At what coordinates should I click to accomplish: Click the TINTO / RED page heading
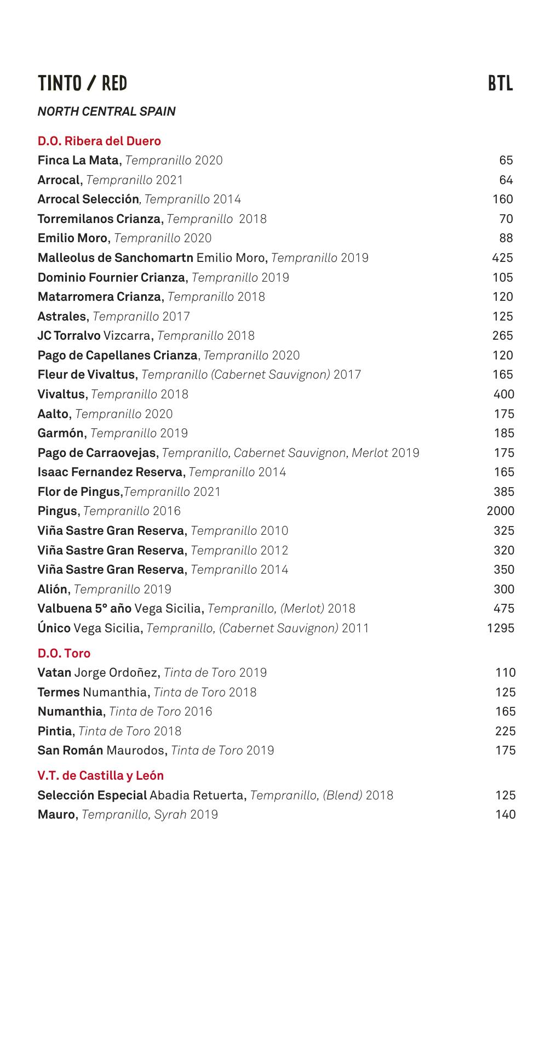click(82, 84)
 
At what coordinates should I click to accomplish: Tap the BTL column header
click(500, 84)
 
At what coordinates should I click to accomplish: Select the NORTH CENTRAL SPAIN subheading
click(106, 112)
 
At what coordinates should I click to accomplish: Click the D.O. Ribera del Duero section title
click(99, 141)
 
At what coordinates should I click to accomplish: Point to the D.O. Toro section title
click(64, 653)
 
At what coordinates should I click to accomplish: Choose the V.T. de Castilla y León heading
click(100, 775)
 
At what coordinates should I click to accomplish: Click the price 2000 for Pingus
click(500, 511)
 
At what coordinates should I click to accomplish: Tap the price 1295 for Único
click(500, 628)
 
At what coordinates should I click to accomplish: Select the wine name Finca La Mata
click(78, 161)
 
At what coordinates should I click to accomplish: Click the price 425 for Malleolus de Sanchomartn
click(502, 258)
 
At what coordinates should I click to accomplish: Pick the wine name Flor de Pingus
click(79, 492)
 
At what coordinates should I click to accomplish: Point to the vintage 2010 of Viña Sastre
click(274, 531)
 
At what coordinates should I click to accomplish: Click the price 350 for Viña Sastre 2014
click(503, 570)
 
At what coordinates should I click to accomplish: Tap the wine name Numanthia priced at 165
click(70, 712)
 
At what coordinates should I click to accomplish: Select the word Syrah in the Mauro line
click(170, 815)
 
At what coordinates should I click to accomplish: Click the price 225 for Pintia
click(505, 731)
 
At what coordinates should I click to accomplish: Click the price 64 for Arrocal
click(506, 180)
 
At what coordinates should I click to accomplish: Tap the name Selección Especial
click(92, 795)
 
